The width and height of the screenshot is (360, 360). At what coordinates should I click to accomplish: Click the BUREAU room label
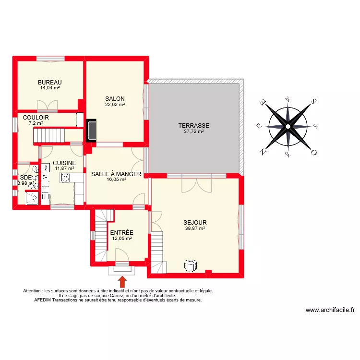pos(50,82)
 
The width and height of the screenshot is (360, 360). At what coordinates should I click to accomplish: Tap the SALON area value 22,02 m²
pos(115,105)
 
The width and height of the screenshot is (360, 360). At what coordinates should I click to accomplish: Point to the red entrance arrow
pos(122,281)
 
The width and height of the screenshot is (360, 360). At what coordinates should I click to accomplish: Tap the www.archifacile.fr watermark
pos(330,310)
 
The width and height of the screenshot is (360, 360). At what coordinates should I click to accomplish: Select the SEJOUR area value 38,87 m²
pos(195,228)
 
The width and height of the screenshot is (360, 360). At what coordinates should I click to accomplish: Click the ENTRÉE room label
pos(121,232)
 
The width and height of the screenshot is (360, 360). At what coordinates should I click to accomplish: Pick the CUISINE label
pos(64,163)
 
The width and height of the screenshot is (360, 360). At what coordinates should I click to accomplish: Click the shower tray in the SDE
pos(32,198)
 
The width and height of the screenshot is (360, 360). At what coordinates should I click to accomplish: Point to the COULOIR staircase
pos(51,136)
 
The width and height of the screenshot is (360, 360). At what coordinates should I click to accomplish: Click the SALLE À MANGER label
pos(116,174)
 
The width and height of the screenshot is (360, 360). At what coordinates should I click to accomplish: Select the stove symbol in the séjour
pos(191,265)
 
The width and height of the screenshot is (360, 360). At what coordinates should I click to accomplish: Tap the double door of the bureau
pos(48,104)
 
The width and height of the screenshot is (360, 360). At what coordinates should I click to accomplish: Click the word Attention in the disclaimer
pos(32,291)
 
